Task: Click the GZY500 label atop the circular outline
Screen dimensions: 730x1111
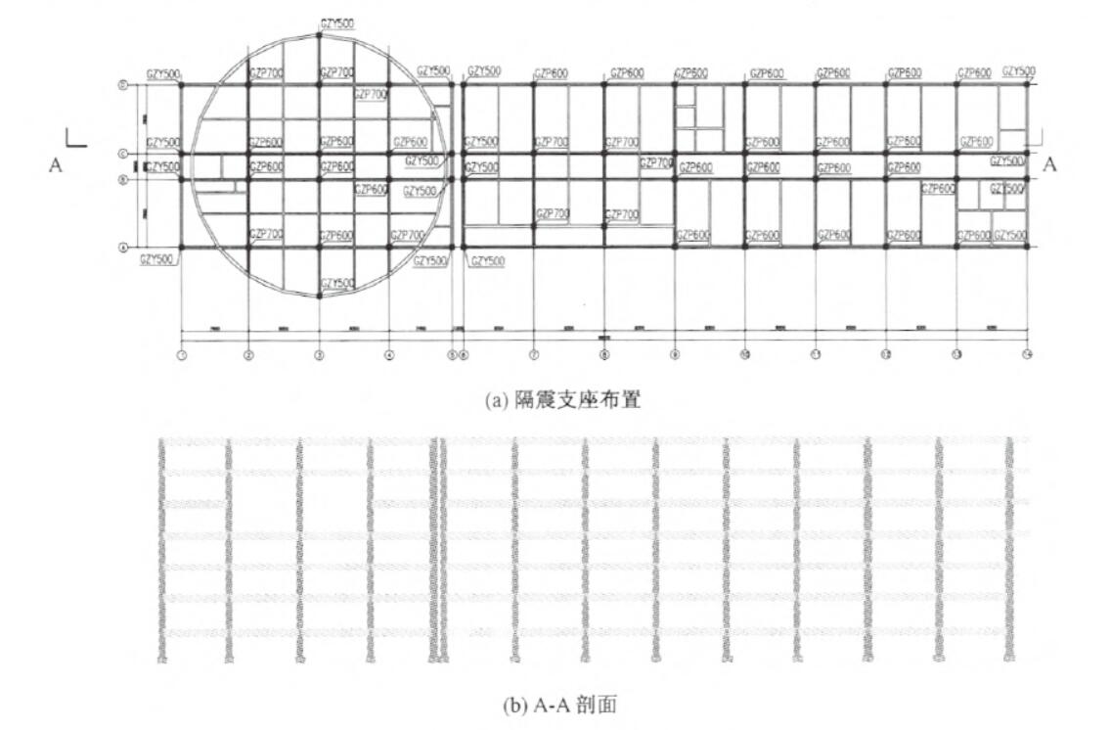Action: point(337,23)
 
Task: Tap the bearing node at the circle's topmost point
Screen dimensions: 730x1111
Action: point(320,34)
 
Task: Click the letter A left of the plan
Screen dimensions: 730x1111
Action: point(56,165)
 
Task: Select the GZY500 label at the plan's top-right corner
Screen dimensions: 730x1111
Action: point(1019,71)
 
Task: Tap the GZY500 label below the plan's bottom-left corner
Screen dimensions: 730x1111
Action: point(157,259)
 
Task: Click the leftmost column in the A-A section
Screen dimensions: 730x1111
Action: point(161,548)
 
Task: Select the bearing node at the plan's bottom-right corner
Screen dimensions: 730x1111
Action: point(1027,247)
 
